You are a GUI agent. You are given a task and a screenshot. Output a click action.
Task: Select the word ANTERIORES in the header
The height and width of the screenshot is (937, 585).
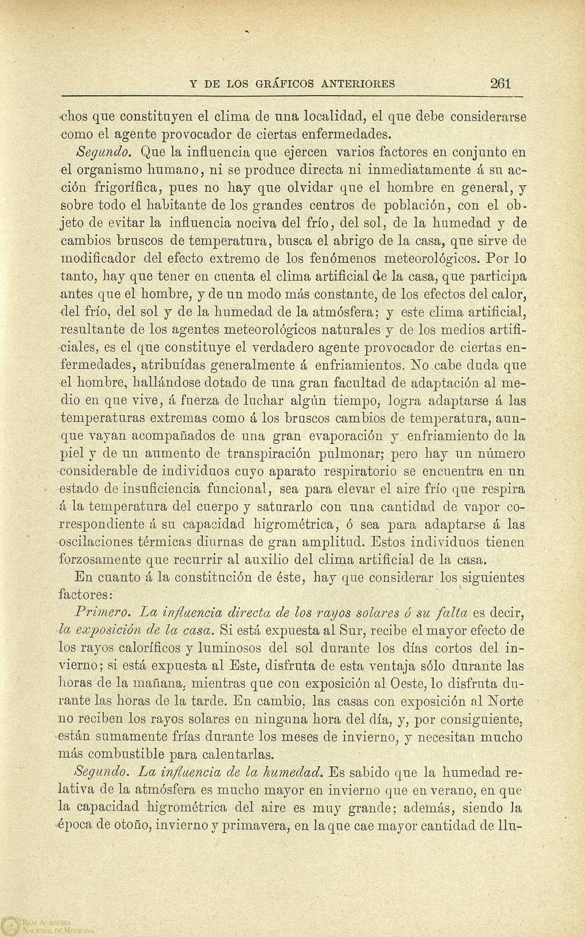[358, 84]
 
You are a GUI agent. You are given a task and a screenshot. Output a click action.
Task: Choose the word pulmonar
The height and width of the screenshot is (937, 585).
[290, 454]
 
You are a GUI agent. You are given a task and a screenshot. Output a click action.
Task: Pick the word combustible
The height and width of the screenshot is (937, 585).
[133, 754]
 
